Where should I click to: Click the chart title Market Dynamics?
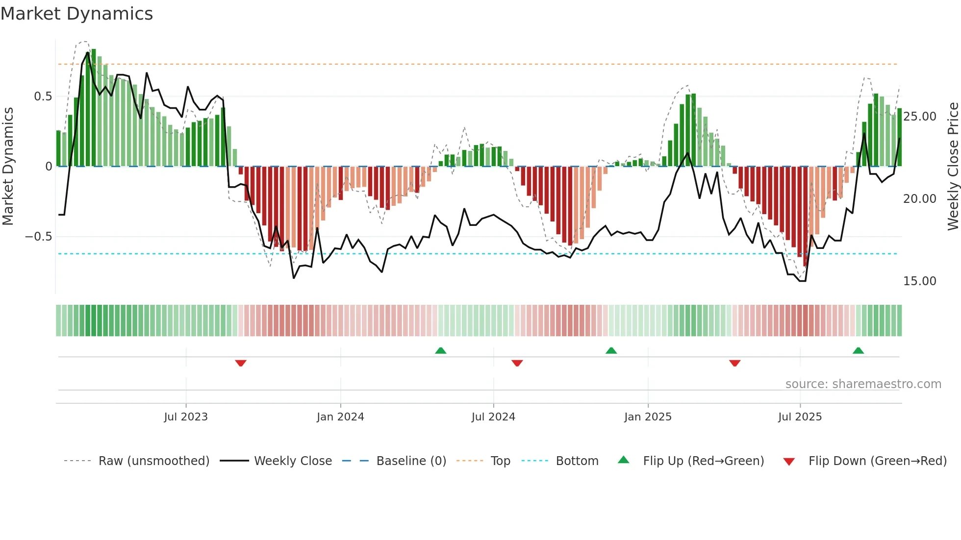coord(76,14)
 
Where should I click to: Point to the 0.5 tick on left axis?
coord(43,97)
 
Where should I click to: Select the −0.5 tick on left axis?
coord(39,237)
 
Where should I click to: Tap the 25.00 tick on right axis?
coord(919,117)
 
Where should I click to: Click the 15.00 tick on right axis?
coord(919,281)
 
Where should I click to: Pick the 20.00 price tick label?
coord(919,199)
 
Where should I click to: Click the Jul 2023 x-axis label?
coord(186,417)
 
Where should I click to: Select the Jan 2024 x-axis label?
coord(340,417)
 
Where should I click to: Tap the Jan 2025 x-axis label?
coord(648,417)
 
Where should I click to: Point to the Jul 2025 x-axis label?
coord(800,417)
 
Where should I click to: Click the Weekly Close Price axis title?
coord(953,167)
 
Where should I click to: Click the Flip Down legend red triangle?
coord(789,462)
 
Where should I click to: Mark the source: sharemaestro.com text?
coord(863,384)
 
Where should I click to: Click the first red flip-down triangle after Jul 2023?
coord(240,363)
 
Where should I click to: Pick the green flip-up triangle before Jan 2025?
coord(611,351)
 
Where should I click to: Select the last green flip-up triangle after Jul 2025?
coord(858,351)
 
